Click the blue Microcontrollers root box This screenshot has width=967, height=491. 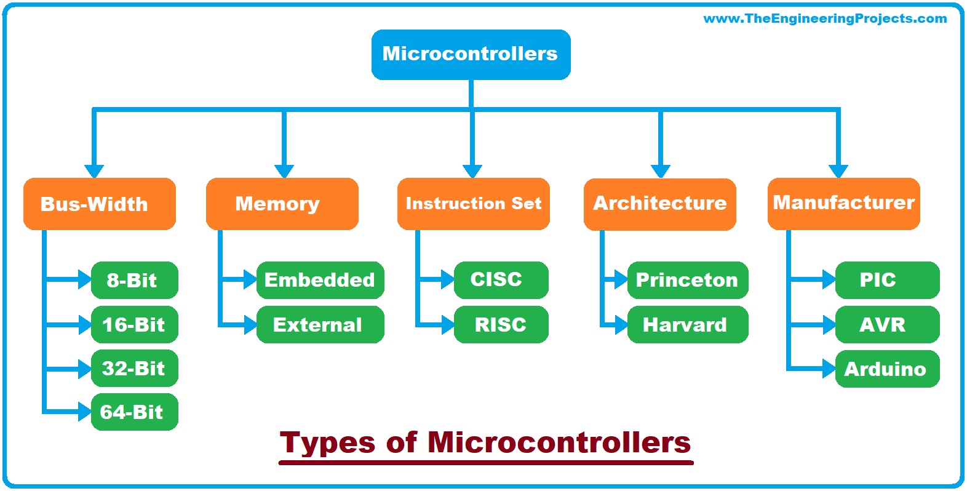pos(471,54)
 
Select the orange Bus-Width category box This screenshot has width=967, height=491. pos(99,204)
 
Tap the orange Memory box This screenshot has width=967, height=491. pos(282,204)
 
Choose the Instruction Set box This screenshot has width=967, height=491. pos(473,204)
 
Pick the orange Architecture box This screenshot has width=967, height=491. pos(659,204)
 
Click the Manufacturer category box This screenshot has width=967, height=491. pos(843,203)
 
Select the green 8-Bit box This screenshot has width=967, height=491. pos(134,281)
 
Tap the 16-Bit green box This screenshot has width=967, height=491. pos(134,324)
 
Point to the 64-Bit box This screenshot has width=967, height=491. pos(134,412)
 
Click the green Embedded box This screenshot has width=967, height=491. pos(320,281)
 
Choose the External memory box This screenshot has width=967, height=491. pos(320,324)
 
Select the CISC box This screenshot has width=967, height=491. pos(500,280)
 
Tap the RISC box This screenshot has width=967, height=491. pos(500,324)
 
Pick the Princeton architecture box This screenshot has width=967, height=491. pos(687,281)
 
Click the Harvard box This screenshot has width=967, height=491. pos(687,324)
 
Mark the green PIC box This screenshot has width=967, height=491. pos(886,281)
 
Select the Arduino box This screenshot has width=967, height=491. pos(886,369)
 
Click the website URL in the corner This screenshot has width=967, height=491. pos(825,18)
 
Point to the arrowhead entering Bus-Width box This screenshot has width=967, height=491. pos(94,171)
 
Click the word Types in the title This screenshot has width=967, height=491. pos(327,443)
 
